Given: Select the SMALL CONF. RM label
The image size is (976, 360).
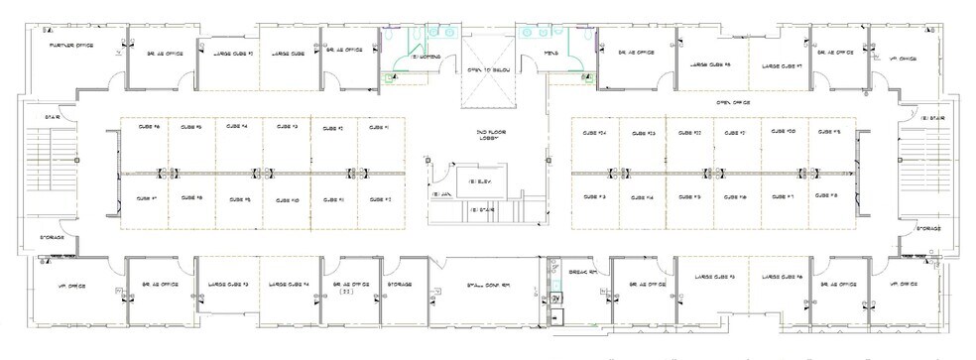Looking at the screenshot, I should pos(489,285).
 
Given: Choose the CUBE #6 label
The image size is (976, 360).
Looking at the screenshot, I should pos(136,127).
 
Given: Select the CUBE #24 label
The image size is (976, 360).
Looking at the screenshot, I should pos(595,131).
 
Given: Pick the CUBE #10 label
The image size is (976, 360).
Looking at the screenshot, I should pos(286,199).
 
